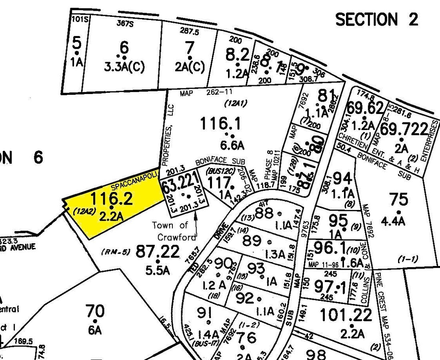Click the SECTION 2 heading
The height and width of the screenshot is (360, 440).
pos(376,19)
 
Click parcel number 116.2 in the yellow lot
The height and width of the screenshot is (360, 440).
pos(111,198)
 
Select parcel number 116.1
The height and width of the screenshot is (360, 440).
pos(221,124)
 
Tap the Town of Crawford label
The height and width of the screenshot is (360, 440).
pos(173,231)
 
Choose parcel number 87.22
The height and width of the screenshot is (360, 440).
pos(158,252)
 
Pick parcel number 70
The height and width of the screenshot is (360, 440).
pos(95,310)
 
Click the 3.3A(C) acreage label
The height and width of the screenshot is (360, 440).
pos(124,67)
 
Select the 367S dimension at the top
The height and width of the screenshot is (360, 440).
pos(124,23)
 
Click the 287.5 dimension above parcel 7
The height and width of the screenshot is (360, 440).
pos(190,30)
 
